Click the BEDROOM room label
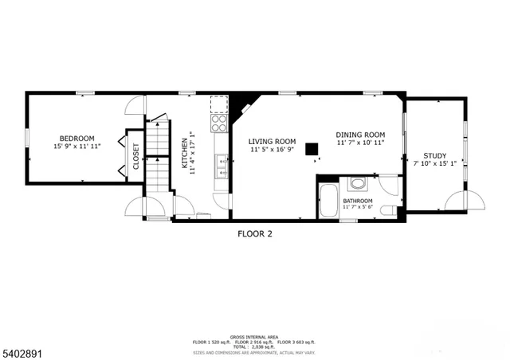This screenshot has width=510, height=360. [77, 138]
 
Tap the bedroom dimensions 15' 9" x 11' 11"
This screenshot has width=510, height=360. [77, 147]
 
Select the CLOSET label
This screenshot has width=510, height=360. [135, 155]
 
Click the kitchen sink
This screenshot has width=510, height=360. [220, 167]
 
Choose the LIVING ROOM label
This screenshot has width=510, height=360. [272, 141]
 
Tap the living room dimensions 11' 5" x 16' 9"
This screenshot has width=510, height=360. [272, 150]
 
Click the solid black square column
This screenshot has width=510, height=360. [313, 148]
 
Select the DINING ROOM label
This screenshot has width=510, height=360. [360, 135]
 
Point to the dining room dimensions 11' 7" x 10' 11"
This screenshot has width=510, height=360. [360, 143]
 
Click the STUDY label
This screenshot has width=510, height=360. [434, 156]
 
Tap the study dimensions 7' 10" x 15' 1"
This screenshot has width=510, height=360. [434, 165]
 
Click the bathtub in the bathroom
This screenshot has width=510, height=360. [328, 202]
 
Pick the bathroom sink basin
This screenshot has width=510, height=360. [358, 184]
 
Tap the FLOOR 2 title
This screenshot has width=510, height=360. [255, 234]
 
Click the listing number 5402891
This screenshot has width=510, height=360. [23, 350]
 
